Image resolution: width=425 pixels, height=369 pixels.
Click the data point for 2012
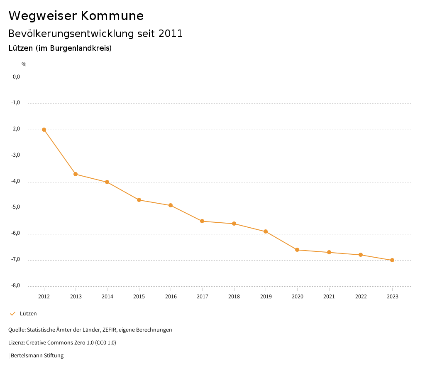click(x=44, y=130)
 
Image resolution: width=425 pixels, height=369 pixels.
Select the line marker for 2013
click(x=76, y=174)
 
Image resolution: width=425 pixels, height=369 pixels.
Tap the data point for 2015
click(x=139, y=200)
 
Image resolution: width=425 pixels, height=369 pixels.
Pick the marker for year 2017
click(x=202, y=221)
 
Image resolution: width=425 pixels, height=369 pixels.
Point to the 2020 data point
click(x=297, y=250)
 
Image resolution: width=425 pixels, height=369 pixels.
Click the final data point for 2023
click(x=392, y=260)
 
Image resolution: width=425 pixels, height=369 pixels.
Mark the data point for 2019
click(x=266, y=231)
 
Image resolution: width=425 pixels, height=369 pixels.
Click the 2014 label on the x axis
click(x=107, y=297)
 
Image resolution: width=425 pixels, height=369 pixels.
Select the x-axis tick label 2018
click(x=234, y=297)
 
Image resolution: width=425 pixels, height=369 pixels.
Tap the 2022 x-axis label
click(x=361, y=297)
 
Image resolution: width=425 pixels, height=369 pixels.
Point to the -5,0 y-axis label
click(x=16, y=207)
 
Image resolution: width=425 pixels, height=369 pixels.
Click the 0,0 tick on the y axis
click(x=17, y=77)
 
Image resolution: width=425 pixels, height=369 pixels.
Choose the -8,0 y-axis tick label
click(x=16, y=285)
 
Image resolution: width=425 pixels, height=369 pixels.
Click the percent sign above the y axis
click(x=24, y=64)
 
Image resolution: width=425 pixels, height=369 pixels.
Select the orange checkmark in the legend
click(x=12, y=314)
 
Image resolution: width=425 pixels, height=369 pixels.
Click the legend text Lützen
click(x=28, y=314)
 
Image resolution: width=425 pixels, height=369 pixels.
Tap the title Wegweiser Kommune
click(x=76, y=16)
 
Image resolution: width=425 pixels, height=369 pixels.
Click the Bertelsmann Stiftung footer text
click(x=37, y=356)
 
